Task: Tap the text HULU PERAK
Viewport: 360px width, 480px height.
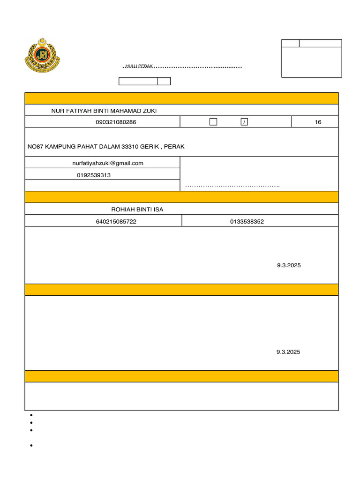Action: click(x=139, y=66)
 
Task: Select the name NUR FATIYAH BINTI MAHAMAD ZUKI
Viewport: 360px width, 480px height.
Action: click(x=104, y=111)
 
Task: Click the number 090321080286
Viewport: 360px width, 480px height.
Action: click(x=116, y=122)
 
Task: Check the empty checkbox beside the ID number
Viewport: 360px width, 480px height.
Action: click(x=213, y=122)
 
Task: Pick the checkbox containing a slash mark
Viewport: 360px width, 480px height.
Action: click(x=244, y=122)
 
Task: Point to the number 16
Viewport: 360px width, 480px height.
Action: click(x=318, y=122)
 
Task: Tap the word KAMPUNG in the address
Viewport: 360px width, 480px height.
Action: click(x=60, y=147)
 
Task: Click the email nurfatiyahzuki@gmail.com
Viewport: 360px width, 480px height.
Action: click(x=108, y=163)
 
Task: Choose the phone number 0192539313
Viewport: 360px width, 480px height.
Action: click(x=94, y=175)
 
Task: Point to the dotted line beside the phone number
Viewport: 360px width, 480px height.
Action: click(x=232, y=187)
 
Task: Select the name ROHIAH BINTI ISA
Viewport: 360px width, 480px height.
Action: click(x=137, y=209)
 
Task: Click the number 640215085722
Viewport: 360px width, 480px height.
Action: click(x=116, y=221)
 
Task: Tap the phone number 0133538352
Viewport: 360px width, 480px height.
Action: click(x=247, y=221)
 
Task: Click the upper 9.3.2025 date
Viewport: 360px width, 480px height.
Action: click(x=289, y=265)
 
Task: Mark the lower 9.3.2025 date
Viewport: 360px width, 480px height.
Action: click(x=288, y=352)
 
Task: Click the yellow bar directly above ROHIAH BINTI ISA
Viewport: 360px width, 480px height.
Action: click(x=181, y=197)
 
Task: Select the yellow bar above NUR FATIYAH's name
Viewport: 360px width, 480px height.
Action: click(x=181, y=98)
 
